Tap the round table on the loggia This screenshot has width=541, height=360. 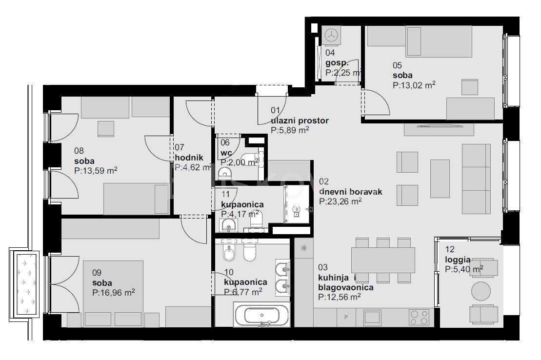tap(481, 291)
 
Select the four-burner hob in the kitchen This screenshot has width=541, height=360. tap(419, 317)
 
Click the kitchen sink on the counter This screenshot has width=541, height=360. tap(373, 318)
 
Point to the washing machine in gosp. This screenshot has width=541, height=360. tap(332, 35)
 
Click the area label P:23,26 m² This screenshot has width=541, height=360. tap(340, 201)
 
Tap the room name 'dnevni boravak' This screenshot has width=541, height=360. tap(351, 192)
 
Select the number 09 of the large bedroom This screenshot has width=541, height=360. tap(97, 273)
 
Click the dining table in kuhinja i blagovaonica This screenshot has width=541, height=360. tap(383, 260)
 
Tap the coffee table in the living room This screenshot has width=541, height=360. tap(440, 179)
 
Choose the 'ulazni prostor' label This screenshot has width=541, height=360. tap(300, 120)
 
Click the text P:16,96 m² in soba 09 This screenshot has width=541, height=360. tap(114, 293)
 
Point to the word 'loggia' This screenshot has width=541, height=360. tap(458, 260)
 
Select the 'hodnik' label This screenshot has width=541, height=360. tap(189, 158)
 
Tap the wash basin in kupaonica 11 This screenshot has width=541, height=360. tap(228, 225)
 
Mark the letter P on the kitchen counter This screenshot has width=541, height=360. tap(346, 317)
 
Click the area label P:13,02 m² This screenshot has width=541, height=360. tap(414, 85)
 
